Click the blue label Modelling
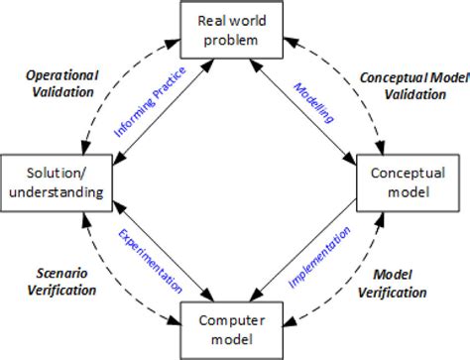313,103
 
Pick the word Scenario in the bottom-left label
58,275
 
